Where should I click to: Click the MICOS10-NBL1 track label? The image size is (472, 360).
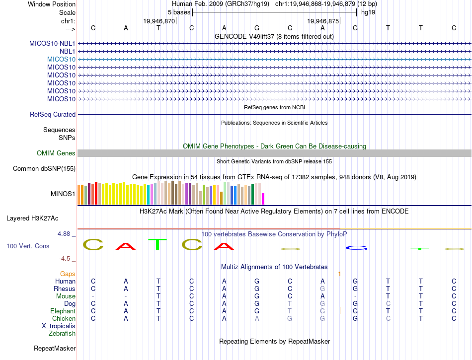click(x=52, y=43)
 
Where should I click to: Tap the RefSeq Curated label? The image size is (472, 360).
click(x=53, y=115)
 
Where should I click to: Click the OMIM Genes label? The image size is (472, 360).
click(x=56, y=153)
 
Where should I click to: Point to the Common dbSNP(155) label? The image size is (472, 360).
click(x=44, y=169)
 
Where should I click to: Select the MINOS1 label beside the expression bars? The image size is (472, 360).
click(x=63, y=194)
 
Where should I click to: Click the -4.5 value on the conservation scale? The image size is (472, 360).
click(x=66, y=259)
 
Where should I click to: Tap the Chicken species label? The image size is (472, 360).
click(x=64, y=319)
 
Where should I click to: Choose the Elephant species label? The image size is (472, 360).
click(x=63, y=311)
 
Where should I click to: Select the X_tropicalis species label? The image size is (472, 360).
click(x=59, y=326)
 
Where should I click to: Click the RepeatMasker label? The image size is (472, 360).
click(x=55, y=349)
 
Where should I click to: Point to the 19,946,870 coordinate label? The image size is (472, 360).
click(x=159, y=21)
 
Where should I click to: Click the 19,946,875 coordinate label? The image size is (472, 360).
click(x=323, y=21)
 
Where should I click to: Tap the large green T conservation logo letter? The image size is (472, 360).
click(x=158, y=244)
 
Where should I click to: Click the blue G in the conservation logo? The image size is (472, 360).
click(x=357, y=248)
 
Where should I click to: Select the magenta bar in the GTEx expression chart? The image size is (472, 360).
click(x=263, y=199)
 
